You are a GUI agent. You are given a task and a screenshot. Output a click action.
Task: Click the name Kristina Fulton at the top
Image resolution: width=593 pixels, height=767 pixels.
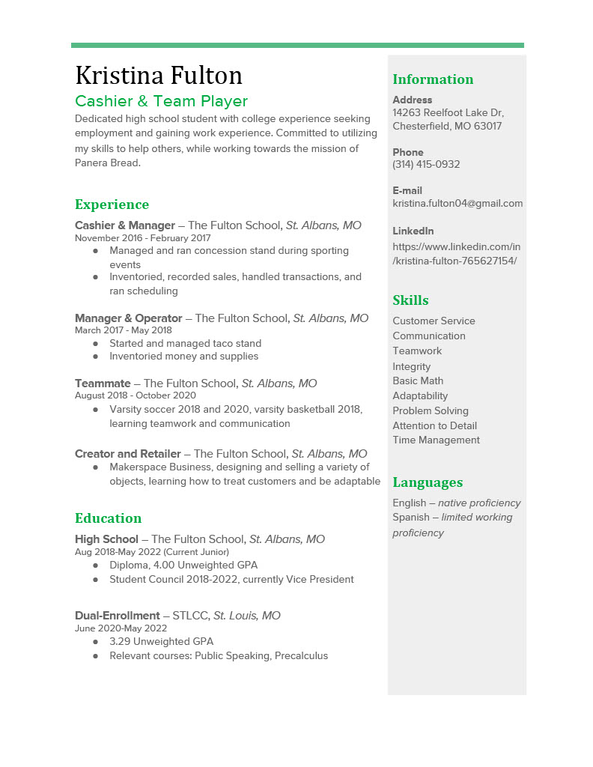[159, 76]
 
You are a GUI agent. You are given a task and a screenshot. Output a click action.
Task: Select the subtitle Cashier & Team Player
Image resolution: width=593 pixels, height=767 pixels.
[161, 101]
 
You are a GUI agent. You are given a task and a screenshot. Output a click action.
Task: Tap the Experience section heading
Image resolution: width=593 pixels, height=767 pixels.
[112, 204]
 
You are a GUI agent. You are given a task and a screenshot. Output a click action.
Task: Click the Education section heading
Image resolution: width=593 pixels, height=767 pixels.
[108, 518]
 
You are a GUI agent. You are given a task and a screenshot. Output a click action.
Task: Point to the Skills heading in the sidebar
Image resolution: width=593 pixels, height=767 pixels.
[410, 300]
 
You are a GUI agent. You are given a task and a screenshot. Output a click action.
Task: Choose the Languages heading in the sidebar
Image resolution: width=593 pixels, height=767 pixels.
[428, 482]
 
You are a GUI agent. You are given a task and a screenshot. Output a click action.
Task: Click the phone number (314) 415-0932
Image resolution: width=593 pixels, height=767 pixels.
[426, 164]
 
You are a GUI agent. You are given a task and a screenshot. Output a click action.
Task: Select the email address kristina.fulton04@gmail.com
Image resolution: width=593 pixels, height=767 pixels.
[457, 203]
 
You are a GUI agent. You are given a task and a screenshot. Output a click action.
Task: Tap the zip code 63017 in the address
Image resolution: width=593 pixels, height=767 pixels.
[488, 126]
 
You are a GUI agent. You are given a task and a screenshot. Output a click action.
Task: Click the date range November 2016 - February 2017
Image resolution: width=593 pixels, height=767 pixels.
[142, 238]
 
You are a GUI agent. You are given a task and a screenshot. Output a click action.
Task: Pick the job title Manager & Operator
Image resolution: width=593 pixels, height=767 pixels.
[128, 318]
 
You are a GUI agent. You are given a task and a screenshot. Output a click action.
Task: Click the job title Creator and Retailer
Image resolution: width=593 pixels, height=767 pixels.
[128, 454]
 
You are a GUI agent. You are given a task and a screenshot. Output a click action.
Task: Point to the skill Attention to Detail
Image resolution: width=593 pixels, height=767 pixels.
[434, 425]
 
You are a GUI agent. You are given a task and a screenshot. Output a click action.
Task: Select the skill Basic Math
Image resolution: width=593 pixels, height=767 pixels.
[418, 381]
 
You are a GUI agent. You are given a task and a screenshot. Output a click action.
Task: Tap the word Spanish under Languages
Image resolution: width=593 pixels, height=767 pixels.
[410, 518]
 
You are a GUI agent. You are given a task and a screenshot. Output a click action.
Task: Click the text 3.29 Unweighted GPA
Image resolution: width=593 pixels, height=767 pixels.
[161, 641]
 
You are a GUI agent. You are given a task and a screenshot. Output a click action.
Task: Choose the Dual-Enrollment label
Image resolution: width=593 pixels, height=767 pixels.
[118, 616]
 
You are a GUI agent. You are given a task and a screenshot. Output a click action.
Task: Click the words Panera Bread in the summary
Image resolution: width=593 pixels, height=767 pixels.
[107, 163]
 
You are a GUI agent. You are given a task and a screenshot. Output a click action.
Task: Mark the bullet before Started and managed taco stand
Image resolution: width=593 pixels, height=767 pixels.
[96, 343]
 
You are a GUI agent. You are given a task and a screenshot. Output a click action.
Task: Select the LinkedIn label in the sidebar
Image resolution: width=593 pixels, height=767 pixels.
[413, 231]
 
